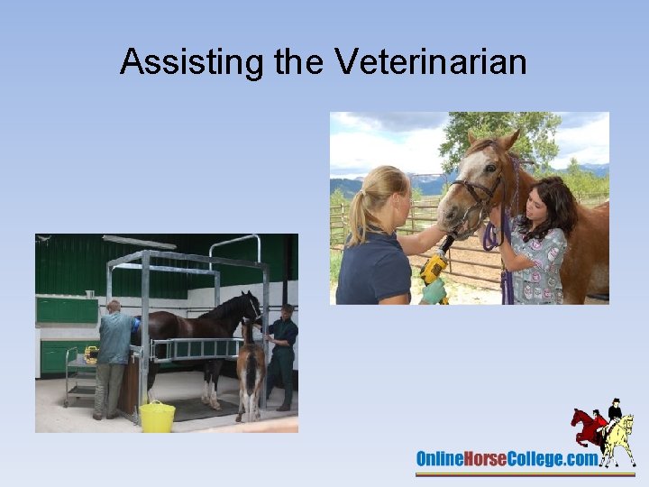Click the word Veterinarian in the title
coord(430,62)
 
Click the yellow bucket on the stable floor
coord(157,417)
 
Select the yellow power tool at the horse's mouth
coord(434,268)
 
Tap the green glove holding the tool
coord(434,290)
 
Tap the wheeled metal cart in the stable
coord(80,374)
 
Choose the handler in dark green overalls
coord(283,355)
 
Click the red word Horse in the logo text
coord(488,459)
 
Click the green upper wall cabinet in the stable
coord(67,310)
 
